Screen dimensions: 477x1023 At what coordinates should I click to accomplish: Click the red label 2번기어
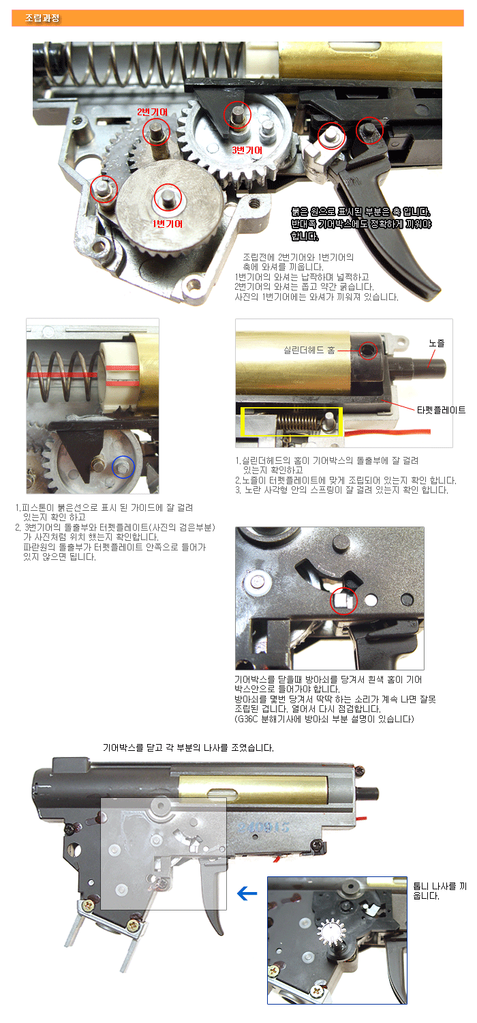tap(153, 113)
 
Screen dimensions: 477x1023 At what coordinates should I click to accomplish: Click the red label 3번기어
tap(247, 150)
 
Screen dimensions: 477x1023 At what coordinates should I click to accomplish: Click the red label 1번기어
tap(168, 224)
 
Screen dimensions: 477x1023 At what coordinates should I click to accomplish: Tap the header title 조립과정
tap(42, 18)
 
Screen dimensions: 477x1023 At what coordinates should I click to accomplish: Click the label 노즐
tap(436, 343)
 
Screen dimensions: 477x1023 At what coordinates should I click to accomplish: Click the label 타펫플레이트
tap(441, 410)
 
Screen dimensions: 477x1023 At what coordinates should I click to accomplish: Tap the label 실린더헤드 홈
tap(309, 351)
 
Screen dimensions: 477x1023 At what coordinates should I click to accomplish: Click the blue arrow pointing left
tap(247, 893)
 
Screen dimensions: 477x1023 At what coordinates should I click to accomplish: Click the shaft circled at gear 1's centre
tap(168, 198)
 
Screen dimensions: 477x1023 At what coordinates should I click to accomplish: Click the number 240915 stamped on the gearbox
tap(264, 827)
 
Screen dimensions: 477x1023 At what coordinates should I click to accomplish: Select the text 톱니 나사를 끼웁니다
tap(440, 891)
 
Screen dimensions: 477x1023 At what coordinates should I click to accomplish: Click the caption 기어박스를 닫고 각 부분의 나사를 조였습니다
tap(188, 747)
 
